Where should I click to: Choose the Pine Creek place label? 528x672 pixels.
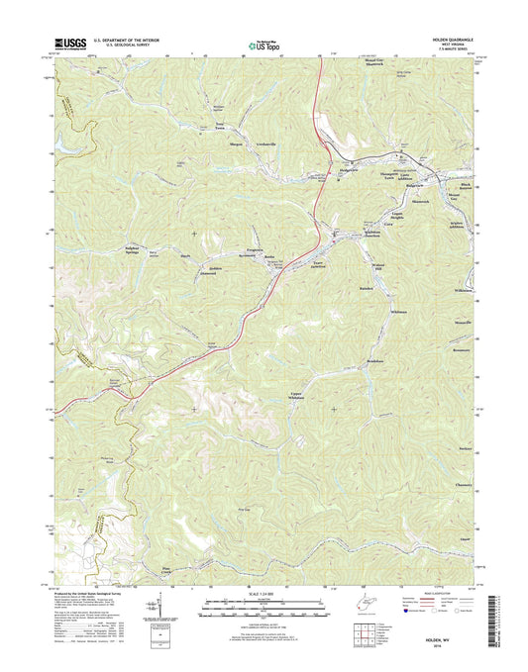[166, 570]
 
